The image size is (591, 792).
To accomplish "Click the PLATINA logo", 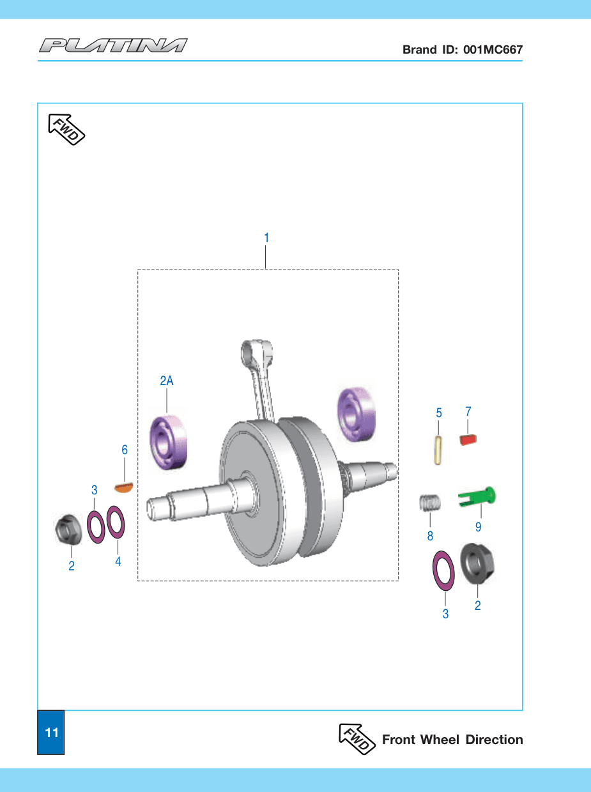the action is tap(113, 45).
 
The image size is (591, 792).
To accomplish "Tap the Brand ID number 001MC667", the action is tap(493, 49).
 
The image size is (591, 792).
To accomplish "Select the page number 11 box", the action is tap(51, 732).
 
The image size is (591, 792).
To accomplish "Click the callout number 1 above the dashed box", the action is tap(266, 238).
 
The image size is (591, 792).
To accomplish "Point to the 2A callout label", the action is tap(167, 381).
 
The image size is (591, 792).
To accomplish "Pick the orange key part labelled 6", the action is tap(124, 487).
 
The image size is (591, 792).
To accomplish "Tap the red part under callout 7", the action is tap(468, 440).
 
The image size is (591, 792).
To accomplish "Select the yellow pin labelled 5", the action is tap(438, 450).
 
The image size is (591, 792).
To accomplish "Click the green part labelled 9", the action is tap(477, 497).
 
